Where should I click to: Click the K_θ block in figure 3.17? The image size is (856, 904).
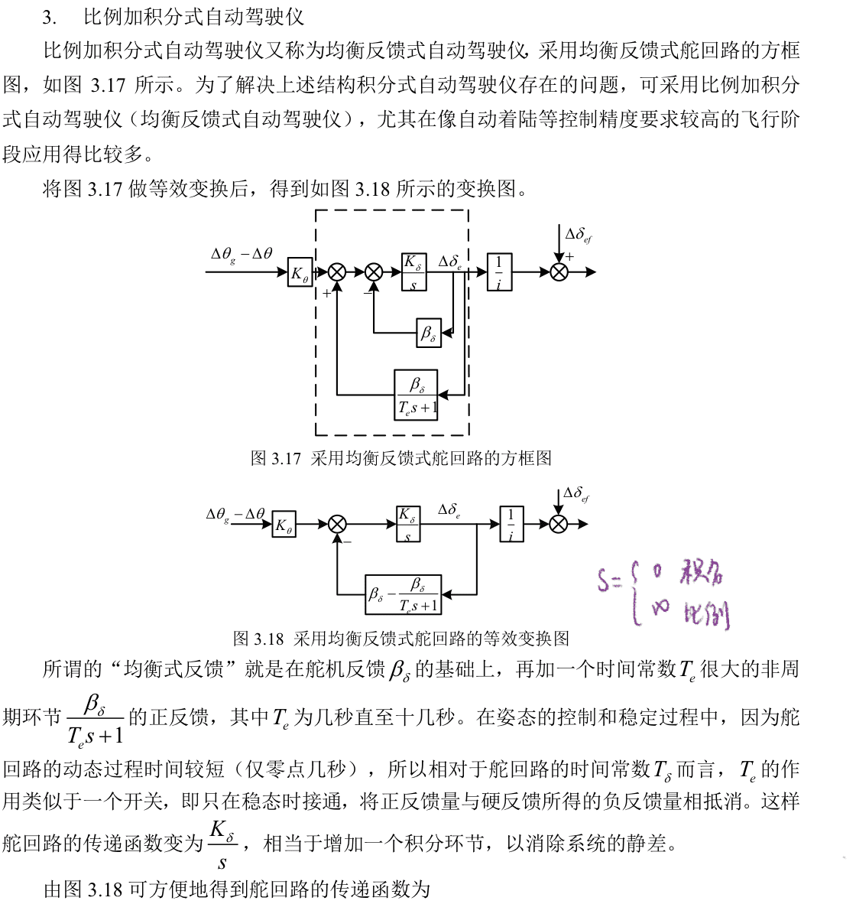coord(300,272)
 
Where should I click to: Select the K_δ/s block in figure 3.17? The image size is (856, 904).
coord(413,272)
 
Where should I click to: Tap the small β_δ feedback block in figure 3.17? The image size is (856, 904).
coord(429,332)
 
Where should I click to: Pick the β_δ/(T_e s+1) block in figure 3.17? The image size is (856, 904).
coord(417,395)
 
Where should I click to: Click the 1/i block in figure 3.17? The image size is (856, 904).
coord(499,272)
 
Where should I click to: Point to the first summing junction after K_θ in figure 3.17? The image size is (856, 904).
coord(337,272)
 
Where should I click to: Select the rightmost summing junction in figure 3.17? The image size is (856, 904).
coord(559,272)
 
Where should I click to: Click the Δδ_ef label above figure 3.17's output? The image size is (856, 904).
coord(578,235)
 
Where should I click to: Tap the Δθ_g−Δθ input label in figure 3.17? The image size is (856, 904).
coord(242,255)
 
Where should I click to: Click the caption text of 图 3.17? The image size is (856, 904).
coord(401,458)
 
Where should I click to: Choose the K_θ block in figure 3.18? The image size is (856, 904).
coord(284,525)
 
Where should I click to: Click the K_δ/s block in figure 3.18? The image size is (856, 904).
coord(408,525)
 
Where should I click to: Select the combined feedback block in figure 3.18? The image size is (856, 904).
coord(404,594)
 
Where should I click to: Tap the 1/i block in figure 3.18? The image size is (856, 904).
coord(511,525)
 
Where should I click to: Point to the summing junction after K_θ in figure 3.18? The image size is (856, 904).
coord(337,525)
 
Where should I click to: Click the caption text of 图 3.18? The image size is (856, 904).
coord(401,638)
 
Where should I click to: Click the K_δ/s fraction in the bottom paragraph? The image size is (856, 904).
coord(222,844)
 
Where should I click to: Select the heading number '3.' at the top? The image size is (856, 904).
coord(50,17)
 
